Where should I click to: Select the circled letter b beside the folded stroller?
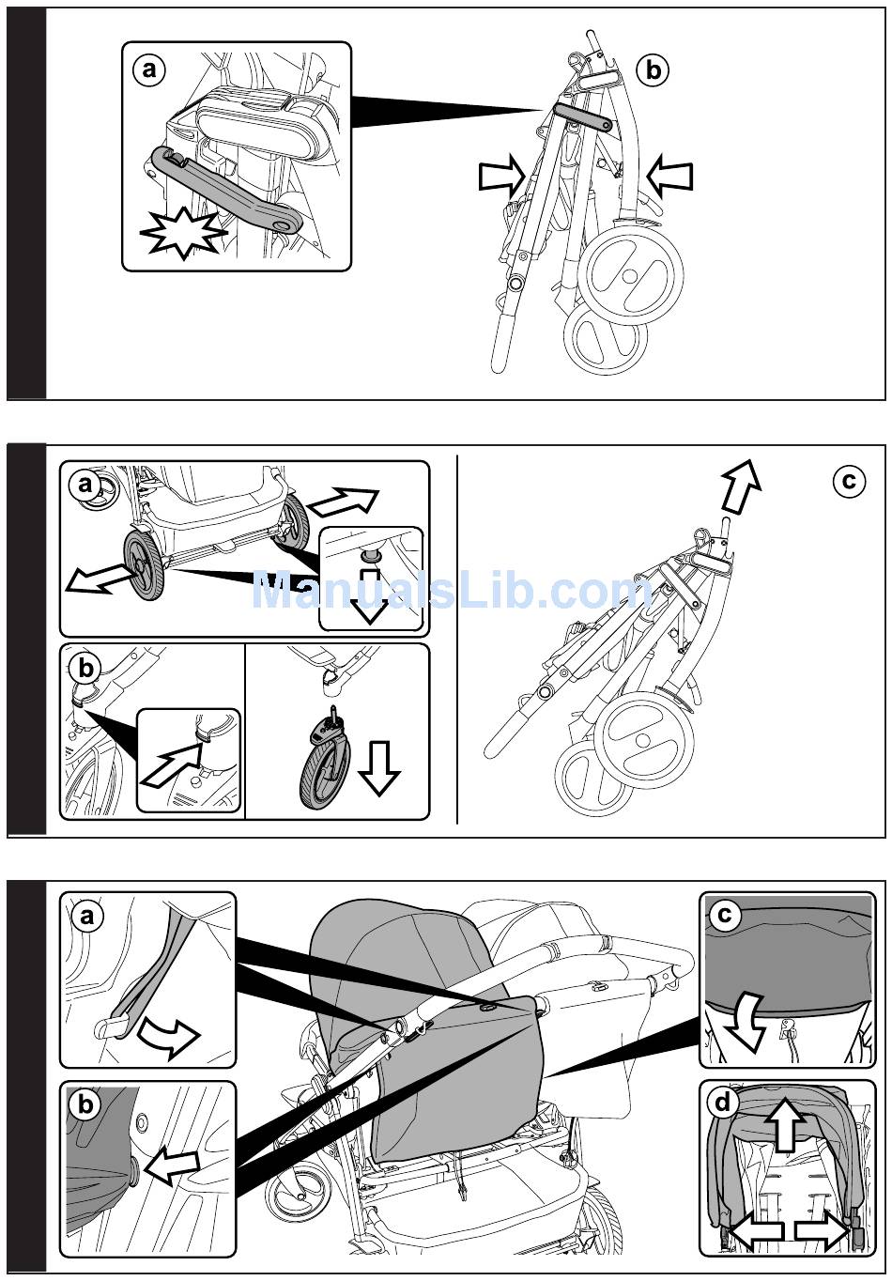coord(653,71)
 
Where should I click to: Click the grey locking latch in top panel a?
coord(227,192)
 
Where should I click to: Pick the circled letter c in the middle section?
coord(849,481)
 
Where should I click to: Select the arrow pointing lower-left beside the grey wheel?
coord(100,579)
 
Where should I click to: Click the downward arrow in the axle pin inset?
coord(369,597)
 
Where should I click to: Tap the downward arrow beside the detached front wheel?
coord(379,768)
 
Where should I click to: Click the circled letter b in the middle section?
coord(85,669)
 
